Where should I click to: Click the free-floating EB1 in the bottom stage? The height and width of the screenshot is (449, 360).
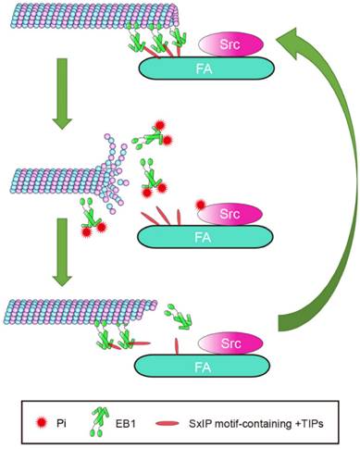[x=180, y=318]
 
